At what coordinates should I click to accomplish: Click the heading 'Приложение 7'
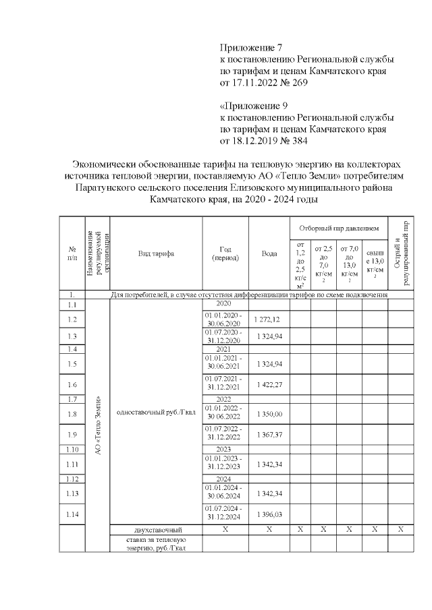250,48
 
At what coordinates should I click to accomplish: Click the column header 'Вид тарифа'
156,253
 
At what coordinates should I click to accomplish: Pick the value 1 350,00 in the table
269,413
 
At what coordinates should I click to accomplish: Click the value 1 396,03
269,514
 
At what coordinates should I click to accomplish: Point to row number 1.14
72,514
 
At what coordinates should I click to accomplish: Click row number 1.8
72,413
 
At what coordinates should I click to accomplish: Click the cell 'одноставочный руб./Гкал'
156,413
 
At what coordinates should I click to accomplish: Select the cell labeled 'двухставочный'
156,530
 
